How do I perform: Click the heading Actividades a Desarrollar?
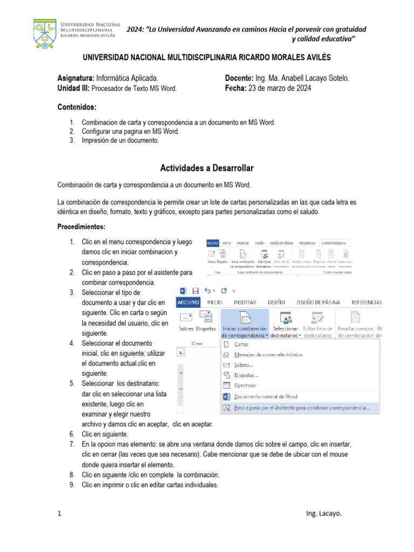207,168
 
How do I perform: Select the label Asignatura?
76,78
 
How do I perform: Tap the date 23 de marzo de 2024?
279,88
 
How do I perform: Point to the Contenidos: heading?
77,107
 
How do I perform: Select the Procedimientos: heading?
81,226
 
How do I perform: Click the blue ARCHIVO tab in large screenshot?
188,302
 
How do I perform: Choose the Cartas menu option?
242,344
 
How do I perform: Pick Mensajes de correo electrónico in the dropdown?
268,355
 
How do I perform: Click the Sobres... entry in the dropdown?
244,365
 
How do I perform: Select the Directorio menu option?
245,385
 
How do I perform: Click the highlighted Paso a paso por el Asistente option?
302,408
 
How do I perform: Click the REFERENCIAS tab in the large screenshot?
366,302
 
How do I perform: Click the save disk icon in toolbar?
195,290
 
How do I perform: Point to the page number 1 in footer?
59,514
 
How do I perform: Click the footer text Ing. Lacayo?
323,514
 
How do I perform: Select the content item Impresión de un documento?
120,140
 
